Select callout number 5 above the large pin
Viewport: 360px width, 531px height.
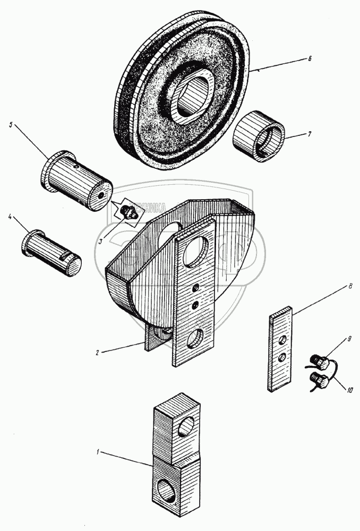coord(11,125)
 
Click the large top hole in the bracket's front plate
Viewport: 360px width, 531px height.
coord(196,251)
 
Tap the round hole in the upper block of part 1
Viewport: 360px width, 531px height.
coord(185,426)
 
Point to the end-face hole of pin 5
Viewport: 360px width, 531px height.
coord(101,194)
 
